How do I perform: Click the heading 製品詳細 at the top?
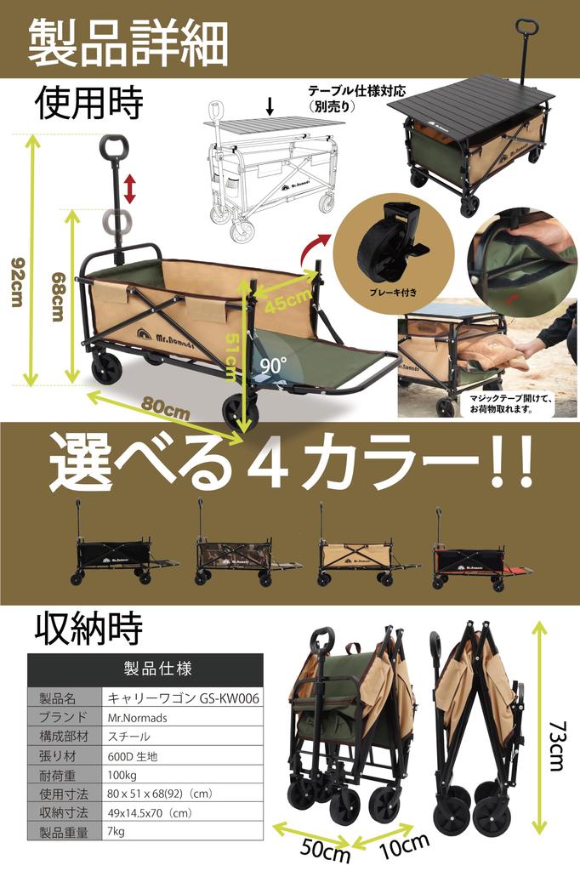[128, 40]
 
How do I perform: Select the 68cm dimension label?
[57, 298]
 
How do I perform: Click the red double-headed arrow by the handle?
[129, 188]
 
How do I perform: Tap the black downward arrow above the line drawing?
[270, 106]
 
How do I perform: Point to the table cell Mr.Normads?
[138, 717]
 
